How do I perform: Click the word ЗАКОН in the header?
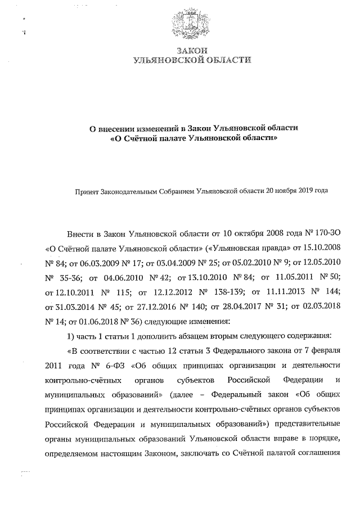point(191,49)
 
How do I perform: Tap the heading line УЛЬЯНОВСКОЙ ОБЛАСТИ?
point(191,59)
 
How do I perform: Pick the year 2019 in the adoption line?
point(301,191)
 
